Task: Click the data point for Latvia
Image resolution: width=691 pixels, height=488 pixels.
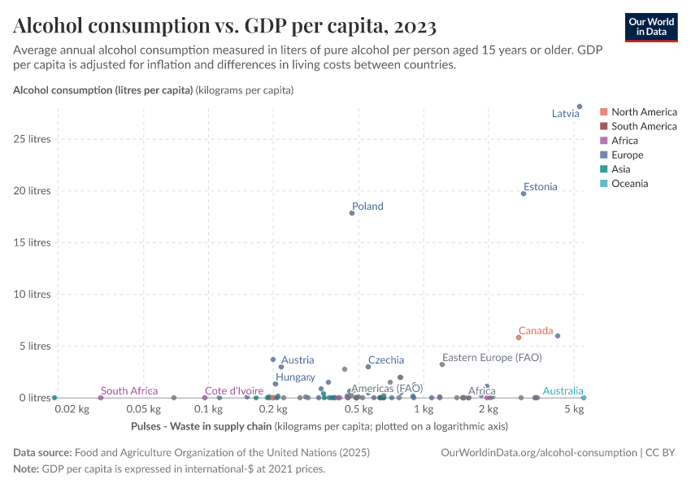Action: click(580, 107)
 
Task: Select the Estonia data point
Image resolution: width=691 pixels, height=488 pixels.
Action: click(524, 194)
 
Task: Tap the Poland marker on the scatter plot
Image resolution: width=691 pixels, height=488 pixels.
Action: click(352, 213)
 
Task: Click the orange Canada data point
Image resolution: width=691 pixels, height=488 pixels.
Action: click(519, 338)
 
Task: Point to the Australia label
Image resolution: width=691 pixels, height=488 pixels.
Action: click(563, 391)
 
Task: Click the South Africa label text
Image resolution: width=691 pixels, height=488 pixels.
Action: click(129, 391)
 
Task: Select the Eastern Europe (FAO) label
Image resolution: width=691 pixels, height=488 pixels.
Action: click(492, 357)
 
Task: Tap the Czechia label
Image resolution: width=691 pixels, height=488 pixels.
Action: click(386, 359)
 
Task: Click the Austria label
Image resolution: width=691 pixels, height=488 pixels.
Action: click(298, 359)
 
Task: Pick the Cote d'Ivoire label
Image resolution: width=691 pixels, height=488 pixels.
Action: click(234, 391)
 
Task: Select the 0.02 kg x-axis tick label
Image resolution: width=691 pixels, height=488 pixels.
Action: click(72, 409)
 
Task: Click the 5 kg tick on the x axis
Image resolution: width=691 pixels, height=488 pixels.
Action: click(575, 409)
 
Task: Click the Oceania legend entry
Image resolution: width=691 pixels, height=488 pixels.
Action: click(630, 184)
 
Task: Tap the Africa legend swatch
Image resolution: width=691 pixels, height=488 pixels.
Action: click(604, 141)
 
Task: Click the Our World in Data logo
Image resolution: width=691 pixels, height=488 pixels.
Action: click(651, 27)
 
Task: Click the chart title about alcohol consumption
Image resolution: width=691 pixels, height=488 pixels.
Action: click(225, 26)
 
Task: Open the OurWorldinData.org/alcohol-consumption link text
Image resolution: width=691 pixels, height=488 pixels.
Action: click(539, 452)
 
